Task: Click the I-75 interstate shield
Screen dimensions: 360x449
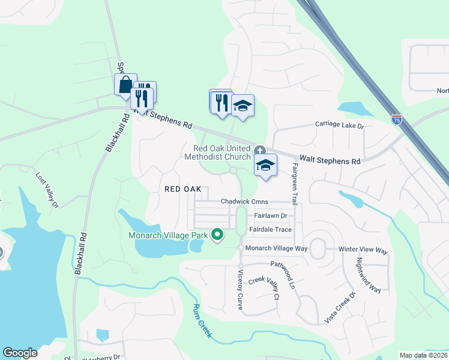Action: click(396, 120)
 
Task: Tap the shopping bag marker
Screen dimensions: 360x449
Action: click(125, 84)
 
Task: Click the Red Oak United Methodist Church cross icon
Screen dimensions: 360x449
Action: click(259, 149)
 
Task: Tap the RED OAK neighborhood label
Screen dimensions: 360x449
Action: click(183, 188)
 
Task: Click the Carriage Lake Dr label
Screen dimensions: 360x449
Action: click(340, 126)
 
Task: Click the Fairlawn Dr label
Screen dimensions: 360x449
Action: click(271, 215)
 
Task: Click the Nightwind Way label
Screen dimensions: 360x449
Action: click(369, 275)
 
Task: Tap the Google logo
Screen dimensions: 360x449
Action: click(20, 353)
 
